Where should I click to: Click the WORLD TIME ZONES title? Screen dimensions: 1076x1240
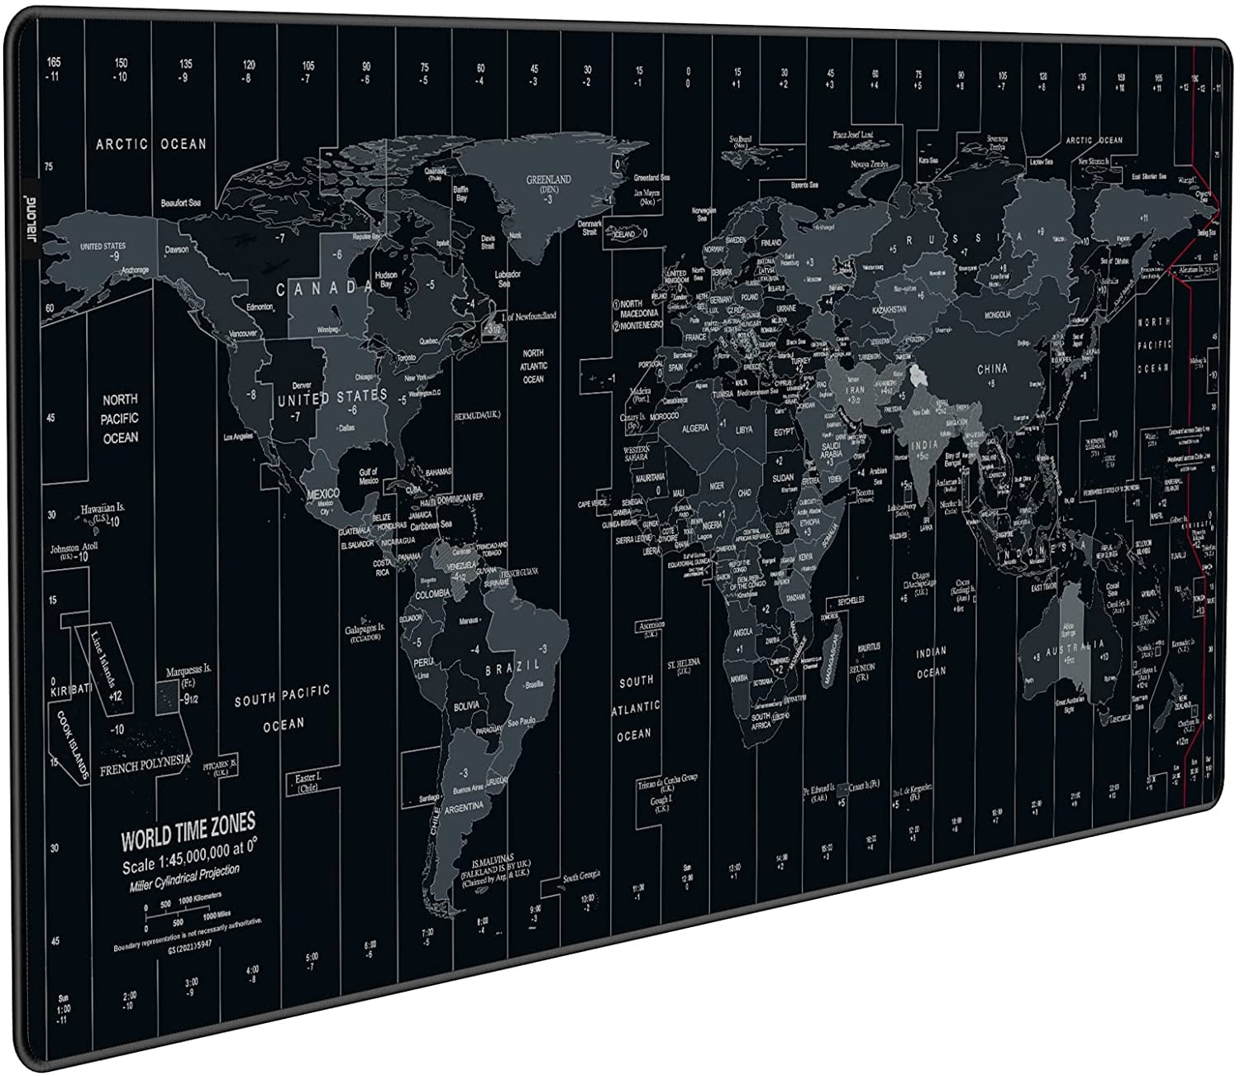point(188,830)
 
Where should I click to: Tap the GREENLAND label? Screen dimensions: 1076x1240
point(549,179)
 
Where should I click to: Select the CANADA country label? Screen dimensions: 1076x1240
point(324,288)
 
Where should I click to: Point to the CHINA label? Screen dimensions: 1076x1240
point(992,369)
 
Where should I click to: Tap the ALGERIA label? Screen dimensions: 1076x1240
point(694,428)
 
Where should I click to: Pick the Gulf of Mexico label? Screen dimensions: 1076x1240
point(368,476)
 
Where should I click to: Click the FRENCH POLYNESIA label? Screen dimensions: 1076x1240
point(145,762)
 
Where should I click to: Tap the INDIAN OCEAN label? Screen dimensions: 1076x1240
point(931,662)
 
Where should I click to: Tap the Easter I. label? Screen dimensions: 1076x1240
point(308,782)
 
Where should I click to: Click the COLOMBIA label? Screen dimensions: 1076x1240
point(432,594)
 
